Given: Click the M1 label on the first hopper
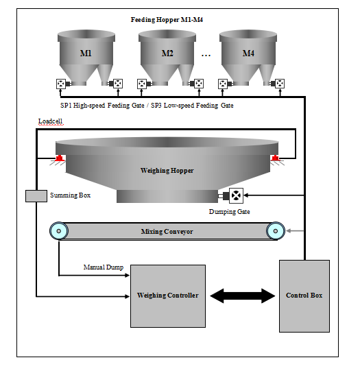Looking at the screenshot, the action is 86,53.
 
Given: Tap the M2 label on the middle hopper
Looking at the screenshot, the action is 167,53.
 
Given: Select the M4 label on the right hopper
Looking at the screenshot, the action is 248,53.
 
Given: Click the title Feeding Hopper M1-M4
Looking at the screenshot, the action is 167,19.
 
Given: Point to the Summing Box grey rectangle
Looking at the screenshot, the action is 36,196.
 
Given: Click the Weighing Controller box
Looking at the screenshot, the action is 168,296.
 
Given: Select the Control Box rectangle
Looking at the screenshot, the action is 304,296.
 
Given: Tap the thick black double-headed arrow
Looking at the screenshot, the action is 243,296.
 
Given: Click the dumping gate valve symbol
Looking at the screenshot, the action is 236,195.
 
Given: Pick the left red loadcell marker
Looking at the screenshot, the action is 59,158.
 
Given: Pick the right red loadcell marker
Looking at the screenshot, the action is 275,158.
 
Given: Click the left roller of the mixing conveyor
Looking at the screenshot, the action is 59,231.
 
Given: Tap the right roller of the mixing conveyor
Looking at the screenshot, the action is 275,231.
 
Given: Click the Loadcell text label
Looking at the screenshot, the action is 51,121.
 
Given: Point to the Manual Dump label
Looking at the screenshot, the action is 104,267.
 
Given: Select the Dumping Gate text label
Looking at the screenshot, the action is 230,211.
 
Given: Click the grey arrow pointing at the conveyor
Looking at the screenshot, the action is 295,231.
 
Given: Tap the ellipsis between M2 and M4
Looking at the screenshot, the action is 206,56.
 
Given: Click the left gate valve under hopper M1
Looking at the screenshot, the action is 61,84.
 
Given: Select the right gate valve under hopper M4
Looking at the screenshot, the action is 280,84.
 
